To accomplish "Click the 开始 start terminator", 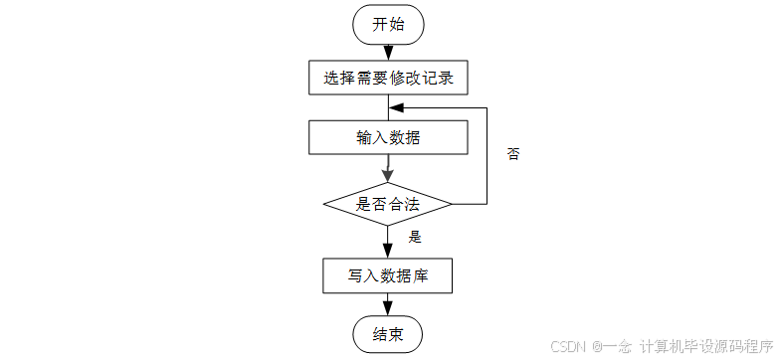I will coord(388,25).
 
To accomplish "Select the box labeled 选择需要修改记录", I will coord(388,78).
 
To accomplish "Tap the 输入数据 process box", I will coord(388,137).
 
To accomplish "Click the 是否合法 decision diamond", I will coord(388,204).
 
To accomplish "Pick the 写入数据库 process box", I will coord(388,275).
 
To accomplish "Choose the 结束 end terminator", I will coord(388,334).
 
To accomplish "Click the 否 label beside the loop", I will coord(513,154).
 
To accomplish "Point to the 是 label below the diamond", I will coord(416,237).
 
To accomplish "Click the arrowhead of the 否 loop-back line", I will coord(395,107).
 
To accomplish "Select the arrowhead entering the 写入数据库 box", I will coord(388,252).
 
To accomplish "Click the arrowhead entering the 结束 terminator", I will coord(388,310).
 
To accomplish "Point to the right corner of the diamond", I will coord(452,204).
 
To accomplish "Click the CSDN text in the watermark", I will coord(569,346).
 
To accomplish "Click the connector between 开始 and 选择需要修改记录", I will coord(388,53).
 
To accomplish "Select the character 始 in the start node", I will coord(396,25).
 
